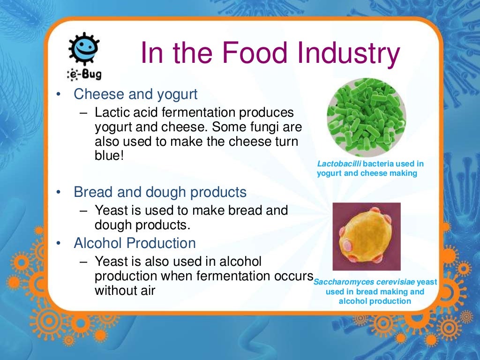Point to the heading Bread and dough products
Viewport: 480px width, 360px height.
point(160,192)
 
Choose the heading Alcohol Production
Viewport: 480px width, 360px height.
point(135,243)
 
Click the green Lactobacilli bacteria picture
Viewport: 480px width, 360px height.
point(366,117)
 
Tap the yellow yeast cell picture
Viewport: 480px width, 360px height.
point(366,236)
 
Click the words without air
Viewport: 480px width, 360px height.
point(125,290)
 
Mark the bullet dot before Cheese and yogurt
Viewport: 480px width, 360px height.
point(59,94)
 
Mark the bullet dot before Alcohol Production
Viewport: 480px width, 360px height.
point(59,243)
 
